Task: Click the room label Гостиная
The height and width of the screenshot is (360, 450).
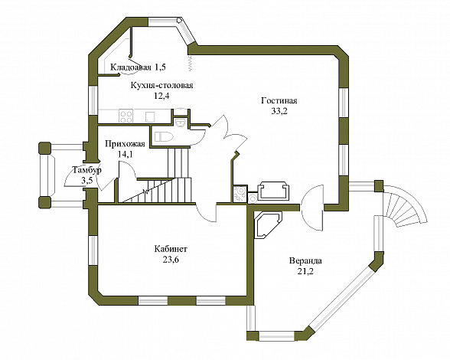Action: tap(279, 101)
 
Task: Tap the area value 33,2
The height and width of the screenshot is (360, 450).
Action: tap(279, 111)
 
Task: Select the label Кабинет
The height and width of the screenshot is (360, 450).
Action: tap(171, 249)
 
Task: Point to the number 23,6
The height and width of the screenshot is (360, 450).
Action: tap(171, 260)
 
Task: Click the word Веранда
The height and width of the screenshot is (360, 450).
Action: tap(305, 261)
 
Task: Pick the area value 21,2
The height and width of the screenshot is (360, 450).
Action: tap(305, 271)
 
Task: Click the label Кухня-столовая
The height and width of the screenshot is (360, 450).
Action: tap(162, 85)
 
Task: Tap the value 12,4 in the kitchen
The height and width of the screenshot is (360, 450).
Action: tap(161, 96)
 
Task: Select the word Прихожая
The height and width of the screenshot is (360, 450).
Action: tap(125, 144)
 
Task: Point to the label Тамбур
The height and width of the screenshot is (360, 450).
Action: tap(86, 170)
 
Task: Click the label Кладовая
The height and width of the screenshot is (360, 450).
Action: tap(131, 67)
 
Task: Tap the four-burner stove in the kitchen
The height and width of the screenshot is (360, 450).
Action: tap(126, 116)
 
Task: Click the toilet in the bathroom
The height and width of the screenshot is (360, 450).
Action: tap(163, 136)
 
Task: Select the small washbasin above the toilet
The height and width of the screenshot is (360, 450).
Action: tap(181, 123)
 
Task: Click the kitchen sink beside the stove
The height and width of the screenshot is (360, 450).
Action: tap(150, 116)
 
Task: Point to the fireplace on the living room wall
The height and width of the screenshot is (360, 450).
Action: tap(274, 191)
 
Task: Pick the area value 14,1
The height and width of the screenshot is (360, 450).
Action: tap(126, 154)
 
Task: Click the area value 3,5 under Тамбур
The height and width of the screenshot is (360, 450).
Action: tap(87, 181)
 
